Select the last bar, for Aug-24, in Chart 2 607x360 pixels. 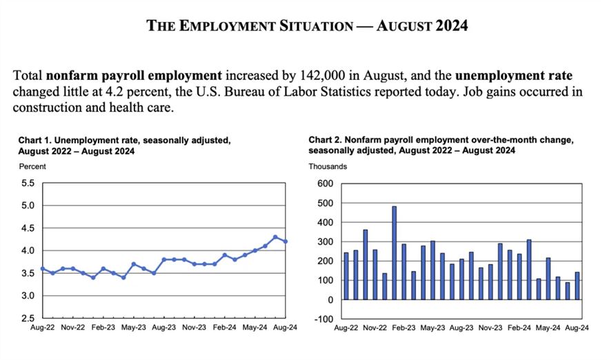(577, 286)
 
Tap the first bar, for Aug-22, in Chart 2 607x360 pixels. (346, 276)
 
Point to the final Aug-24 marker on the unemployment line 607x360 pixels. (286, 241)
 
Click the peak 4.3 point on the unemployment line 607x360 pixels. (276, 237)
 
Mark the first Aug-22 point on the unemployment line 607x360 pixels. (43, 269)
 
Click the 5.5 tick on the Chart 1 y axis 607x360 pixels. (28, 183)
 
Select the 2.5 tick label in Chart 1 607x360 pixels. (28, 319)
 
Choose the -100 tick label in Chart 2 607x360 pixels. (324, 319)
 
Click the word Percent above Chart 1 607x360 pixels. (32, 166)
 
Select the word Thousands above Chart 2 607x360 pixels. (328, 166)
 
